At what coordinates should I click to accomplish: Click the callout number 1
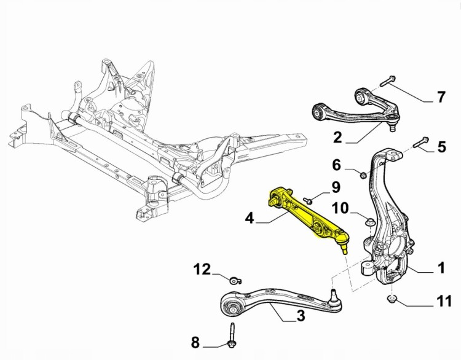[440, 268]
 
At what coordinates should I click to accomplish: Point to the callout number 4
[248, 217]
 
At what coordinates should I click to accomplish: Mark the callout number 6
[336, 165]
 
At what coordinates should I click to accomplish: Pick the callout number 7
[440, 96]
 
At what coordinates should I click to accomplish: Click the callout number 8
[195, 342]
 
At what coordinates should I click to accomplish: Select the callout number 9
[336, 186]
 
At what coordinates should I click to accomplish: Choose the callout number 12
[202, 269]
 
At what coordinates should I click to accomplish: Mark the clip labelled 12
[235, 281]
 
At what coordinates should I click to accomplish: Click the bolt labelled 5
[420, 142]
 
